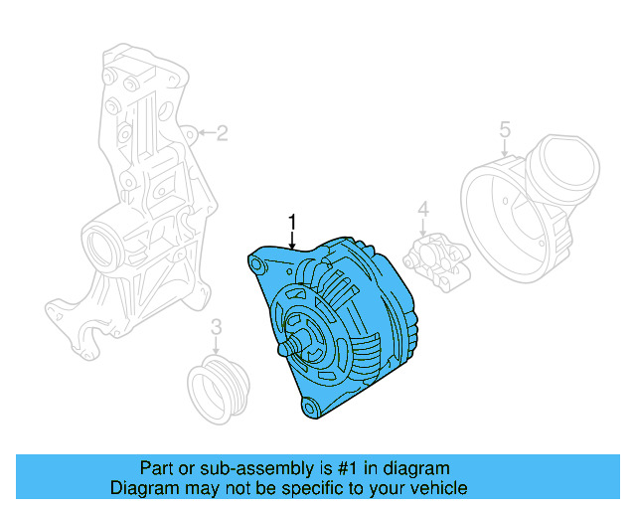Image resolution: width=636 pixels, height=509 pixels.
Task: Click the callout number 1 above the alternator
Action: point(292,221)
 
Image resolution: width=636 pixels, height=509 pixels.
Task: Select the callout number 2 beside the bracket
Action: point(222,132)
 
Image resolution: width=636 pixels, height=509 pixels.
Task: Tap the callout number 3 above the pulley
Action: point(216,328)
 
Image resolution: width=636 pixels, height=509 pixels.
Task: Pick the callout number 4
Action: point(422,210)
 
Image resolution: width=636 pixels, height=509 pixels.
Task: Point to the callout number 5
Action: point(504,129)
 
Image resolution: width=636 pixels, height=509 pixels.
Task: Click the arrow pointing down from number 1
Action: point(292,239)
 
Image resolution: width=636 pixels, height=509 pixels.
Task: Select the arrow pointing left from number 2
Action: point(204,132)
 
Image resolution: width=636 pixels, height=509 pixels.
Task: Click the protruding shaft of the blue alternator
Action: point(288,350)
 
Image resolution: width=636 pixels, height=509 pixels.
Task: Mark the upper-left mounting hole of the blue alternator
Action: point(257,264)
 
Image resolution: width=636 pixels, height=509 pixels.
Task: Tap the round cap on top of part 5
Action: point(561,169)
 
